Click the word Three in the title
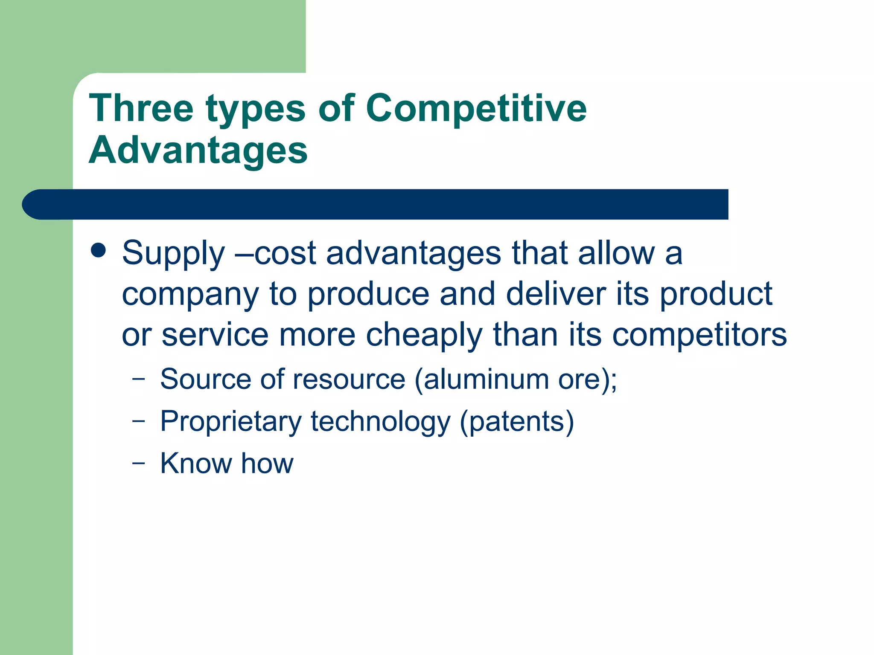(141, 108)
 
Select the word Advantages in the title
(198, 150)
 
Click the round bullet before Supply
(99, 251)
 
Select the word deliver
(556, 294)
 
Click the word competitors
(699, 335)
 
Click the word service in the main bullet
(215, 335)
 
